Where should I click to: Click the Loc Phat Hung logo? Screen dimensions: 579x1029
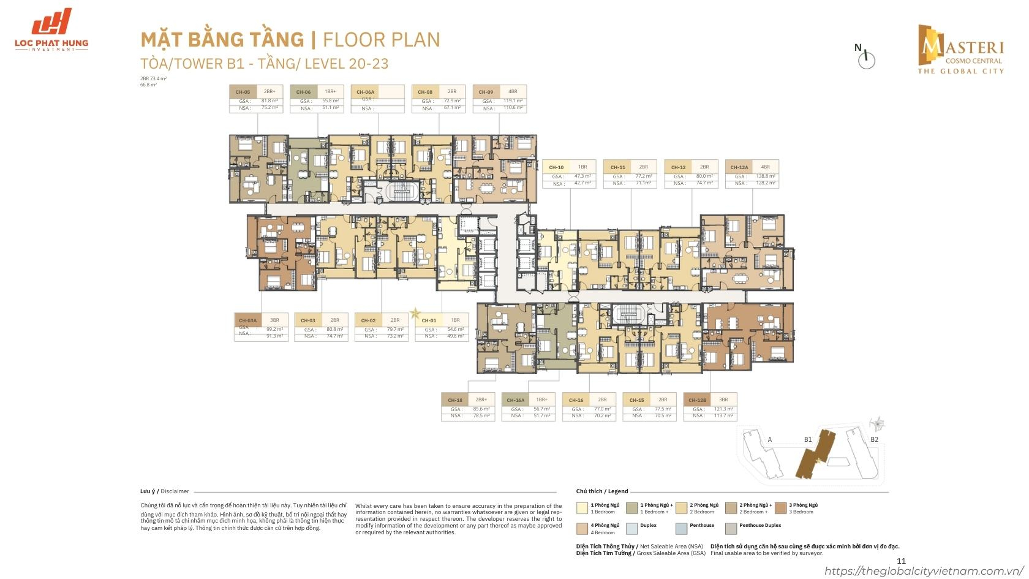coord(51,29)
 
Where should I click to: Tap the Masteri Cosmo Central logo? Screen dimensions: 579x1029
coord(960,49)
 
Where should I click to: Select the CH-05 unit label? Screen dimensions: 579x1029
coord(243,92)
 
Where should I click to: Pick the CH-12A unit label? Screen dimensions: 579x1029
coord(739,167)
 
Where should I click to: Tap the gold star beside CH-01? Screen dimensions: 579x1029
coord(415,313)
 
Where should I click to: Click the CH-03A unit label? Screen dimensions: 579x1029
coord(247,320)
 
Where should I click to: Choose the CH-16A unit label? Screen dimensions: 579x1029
coord(515,399)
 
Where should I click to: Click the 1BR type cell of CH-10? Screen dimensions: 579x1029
coord(582,167)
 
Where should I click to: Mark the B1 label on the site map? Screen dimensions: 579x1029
coord(808,439)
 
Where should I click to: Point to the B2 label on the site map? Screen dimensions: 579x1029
coord(875,439)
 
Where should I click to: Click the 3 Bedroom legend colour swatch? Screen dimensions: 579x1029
coord(780,508)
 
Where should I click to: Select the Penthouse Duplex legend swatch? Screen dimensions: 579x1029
coord(731,528)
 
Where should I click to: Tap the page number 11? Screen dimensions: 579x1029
coord(900,561)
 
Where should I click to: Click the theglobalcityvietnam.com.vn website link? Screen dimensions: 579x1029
coord(925,571)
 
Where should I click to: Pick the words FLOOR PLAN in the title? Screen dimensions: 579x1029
coord(381,40)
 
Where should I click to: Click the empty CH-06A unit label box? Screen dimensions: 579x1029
coord(377,98)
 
